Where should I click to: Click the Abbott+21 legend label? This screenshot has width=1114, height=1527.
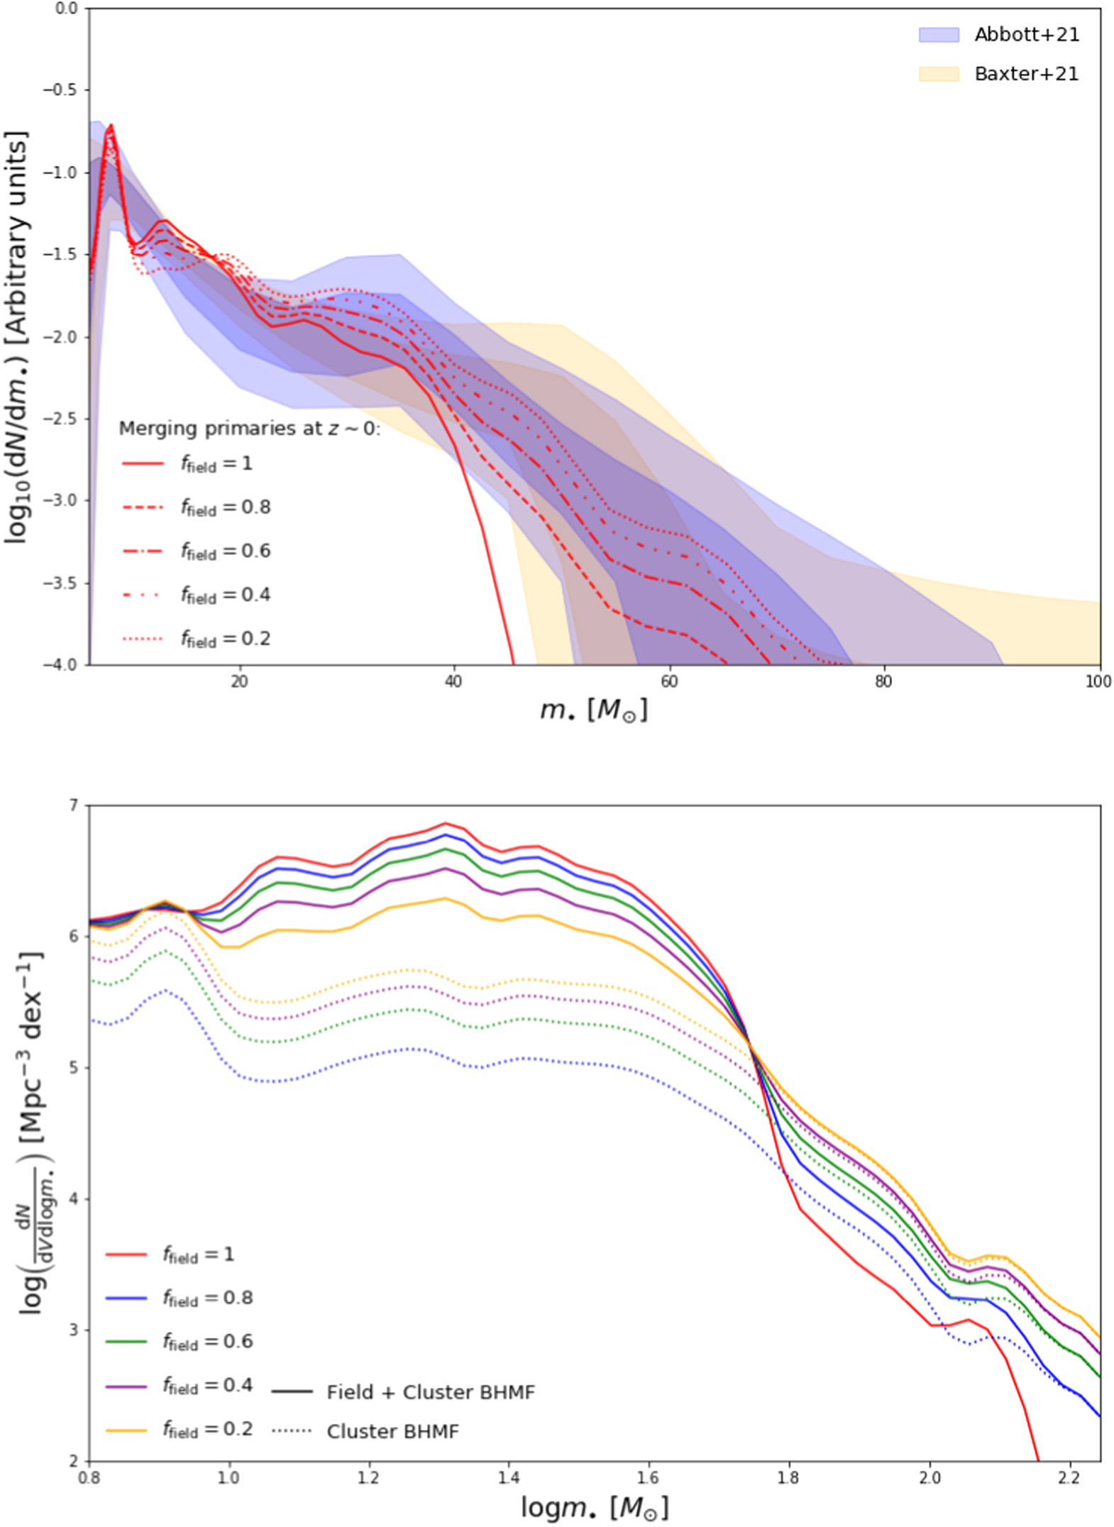pyautogui.click(x=1026, y=35)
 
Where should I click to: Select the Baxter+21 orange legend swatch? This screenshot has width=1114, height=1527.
pyautogui.click(x=938, y=74)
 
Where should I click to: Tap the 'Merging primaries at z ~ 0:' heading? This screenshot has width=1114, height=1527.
pyautogui.click(x=249, y=429)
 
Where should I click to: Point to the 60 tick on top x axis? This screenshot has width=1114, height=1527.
pyautogui.click(x=668, y=681)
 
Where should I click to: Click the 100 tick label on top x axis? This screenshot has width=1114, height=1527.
pyautogui.click(x=1098, y=681)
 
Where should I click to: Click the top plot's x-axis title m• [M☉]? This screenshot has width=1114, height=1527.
pyautogui.click(x=593, y=710)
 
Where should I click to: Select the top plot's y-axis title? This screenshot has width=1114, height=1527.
pyautogui.click(x=17, y=337)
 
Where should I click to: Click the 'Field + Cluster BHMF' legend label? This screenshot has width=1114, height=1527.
pyautogui.click(x=430, y=1392)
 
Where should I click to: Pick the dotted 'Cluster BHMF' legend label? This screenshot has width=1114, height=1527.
pyautogui.click(x=392, y=1431)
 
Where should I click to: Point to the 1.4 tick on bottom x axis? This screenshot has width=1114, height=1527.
pyautogui.click(x=508, y=1477)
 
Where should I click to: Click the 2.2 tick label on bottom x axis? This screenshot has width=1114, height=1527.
pyautogui.click(x=1069, y=1477)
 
